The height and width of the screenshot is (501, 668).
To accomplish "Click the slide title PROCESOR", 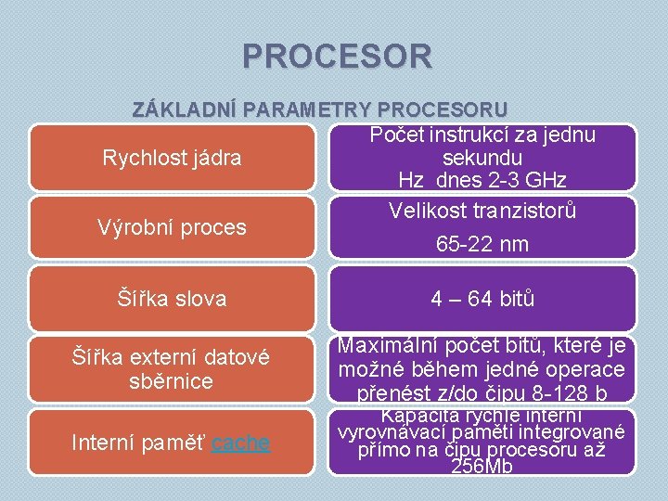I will point(337,57).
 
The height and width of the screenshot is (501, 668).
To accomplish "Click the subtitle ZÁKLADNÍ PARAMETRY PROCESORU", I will point(319,108).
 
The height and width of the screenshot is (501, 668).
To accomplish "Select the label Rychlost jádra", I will point(172,158).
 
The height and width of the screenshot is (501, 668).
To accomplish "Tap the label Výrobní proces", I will point(172,227).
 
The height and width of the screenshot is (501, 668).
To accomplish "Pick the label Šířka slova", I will point(172,299).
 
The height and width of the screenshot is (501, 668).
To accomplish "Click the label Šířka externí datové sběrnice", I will point(172,368).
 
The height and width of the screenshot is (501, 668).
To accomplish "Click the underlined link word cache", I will point(240,443).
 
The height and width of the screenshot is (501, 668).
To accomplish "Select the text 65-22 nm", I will point(482,245).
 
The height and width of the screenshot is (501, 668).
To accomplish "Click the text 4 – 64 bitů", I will point(482,299).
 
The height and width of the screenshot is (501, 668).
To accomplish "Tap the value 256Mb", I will point(482,468).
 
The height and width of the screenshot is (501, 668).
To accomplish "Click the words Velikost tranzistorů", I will point(482,211).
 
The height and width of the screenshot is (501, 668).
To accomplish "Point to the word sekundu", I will point(482,158).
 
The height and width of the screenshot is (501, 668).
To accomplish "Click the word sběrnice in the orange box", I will point(172,381).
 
